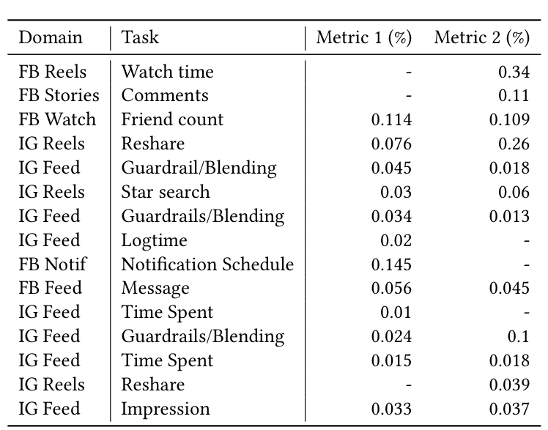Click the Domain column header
point(51,37)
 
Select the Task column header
point(140,37)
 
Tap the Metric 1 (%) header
point(363,37)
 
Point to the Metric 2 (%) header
point(481,37)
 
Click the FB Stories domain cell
point(59,95)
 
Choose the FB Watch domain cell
point(57,119)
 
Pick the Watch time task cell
point(167,71)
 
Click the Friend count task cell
point(172,119)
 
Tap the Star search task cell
point(166,192)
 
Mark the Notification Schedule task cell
point(207,264)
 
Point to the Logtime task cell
point(154,240)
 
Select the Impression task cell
point(166,409)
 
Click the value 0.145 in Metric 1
point(391,264)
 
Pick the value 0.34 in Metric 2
point(514,71)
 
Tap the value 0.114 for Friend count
point(391,119)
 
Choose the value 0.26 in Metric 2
point(514,144)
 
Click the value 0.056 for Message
point(391,288)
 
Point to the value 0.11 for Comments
point(514,95)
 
